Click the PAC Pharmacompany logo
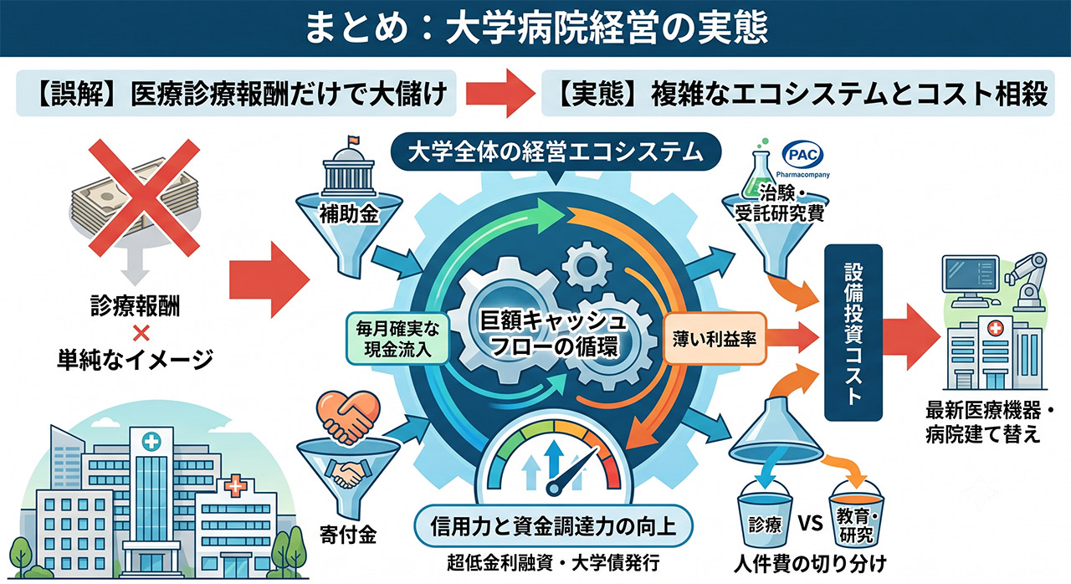click(x=802, y=160)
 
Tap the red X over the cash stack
click(x=144, y=197)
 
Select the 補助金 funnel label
click(x=349, y=214)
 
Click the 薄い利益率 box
click(x=715, y=338)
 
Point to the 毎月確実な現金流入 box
click(x=397, y=338)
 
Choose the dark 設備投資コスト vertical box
click(x=853, y=333)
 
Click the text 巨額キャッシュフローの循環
click(x=553, y=334)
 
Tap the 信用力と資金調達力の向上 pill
click(x=553, y=526)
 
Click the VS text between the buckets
click(x=811, y=523)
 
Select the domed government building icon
click(x=348, y=167)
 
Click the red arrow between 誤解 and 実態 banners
click(x=500, y=93)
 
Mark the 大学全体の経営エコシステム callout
click(x=556, y=153)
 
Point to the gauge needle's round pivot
click(x=554, y=489)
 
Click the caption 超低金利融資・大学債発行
click(x=553, y=562)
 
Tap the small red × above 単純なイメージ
click(x=141, y=333)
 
